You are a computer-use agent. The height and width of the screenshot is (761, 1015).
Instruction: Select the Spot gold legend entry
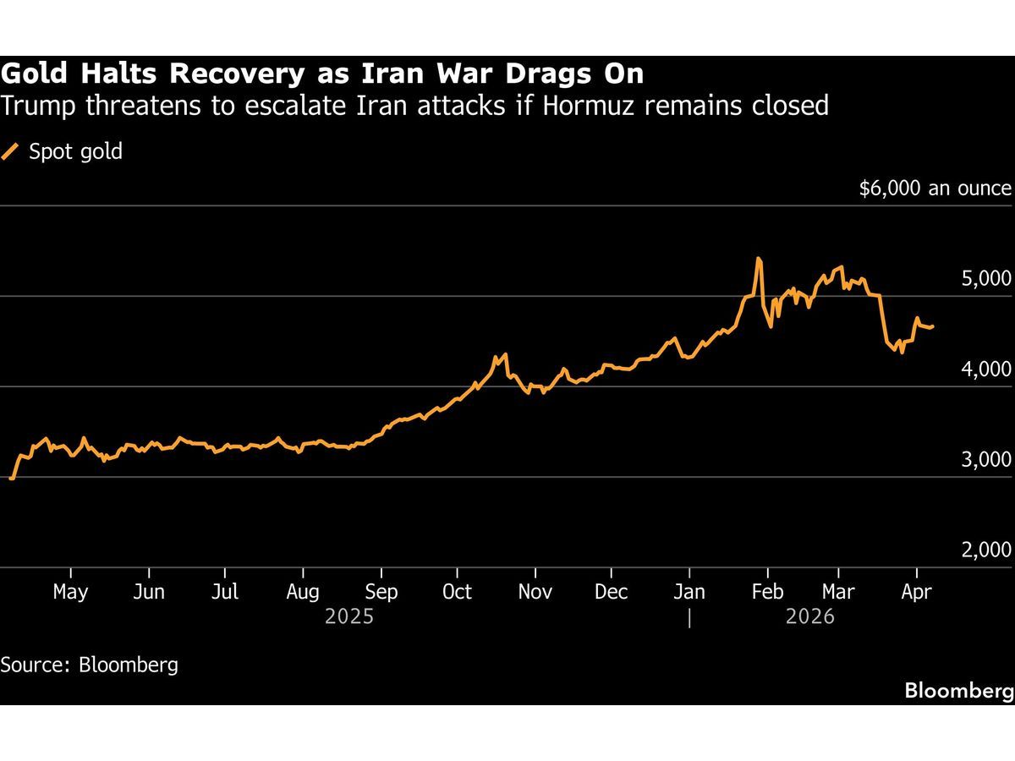pos(75,152)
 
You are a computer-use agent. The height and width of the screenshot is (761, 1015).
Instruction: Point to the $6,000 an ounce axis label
pos(935,189)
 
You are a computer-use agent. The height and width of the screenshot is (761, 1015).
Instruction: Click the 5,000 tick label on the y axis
pos(986,279)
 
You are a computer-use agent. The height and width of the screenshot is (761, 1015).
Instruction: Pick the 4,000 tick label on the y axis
pos(986,370)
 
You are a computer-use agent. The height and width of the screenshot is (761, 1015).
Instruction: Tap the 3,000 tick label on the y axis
pos(986,460)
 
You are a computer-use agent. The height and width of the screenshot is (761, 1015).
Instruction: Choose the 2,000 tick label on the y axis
pos(986,550)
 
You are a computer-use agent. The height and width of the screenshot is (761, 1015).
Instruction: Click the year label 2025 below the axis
pos(349,617)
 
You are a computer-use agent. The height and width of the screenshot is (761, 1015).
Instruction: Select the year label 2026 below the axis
pos(809,617)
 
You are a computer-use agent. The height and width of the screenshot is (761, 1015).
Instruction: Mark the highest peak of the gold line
pos(759,259)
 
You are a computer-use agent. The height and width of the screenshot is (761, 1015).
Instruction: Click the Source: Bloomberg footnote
pos(90,665)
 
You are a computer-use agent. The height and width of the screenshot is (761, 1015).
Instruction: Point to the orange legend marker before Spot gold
pos(10,152)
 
